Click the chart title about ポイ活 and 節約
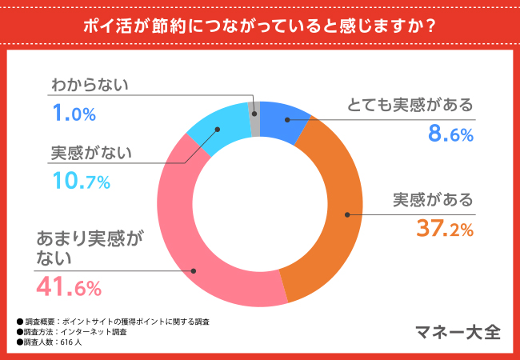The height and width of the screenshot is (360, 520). click(259, 25)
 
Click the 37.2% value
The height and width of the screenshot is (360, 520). click(445, 230)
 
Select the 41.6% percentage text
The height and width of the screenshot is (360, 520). click(67, 286)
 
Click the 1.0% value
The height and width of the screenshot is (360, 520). click(74, 114)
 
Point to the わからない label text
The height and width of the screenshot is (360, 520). click(90, 84)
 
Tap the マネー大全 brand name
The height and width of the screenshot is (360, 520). click(458, 331)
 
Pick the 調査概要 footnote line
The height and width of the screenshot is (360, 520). click(112, 321)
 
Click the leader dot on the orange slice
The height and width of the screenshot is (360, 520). click(348, 214)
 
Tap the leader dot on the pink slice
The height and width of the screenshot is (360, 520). click(192, 270)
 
